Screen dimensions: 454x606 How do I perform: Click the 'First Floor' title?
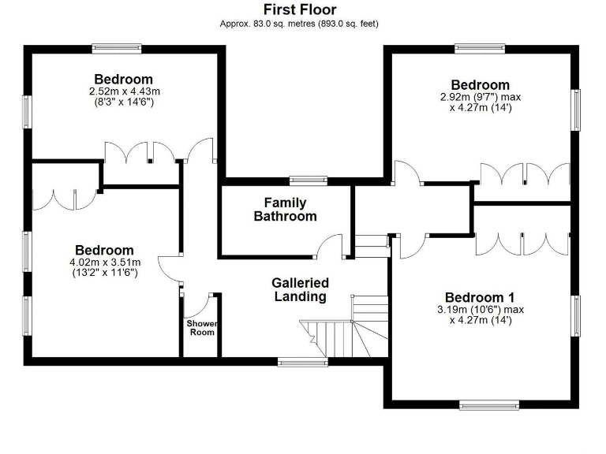(x=299, y=9)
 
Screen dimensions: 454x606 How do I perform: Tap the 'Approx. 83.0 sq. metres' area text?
(x=299, y=24)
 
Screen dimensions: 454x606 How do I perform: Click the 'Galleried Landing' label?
(x=300, y=289)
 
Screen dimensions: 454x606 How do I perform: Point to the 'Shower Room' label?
(x=200, y=328)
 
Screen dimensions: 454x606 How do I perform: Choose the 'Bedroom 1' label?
(x=480, y=297)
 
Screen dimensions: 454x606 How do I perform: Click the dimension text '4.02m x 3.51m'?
(x=105, y=262)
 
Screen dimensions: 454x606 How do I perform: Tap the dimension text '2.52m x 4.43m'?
(x=123, y=91)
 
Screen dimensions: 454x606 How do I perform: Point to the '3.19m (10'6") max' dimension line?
(x=480, y=309)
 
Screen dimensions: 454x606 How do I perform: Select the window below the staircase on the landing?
(x=302, y=362)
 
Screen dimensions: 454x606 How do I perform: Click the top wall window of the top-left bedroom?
(x=117, y=49)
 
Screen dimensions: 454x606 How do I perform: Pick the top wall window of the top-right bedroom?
(x=480, y=49)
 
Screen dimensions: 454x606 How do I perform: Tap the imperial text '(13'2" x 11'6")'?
(x=105, y=274)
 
